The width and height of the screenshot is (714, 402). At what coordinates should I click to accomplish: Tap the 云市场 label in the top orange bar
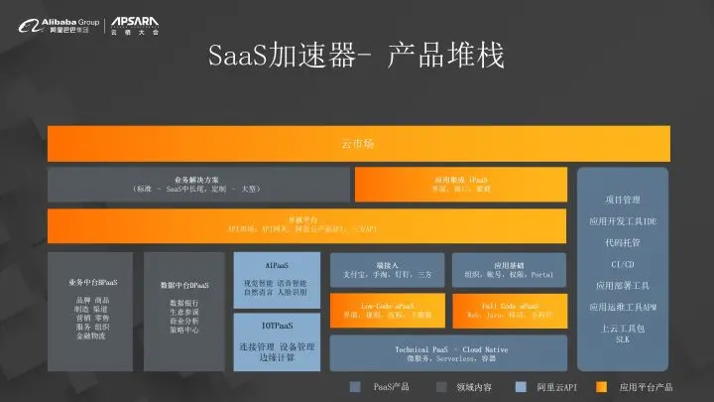point(358,145)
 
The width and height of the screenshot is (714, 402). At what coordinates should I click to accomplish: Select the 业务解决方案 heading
point(198,179)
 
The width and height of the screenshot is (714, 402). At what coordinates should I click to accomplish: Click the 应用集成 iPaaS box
point(459,185)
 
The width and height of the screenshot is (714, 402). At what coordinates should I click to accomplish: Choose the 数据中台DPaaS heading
point(183,285)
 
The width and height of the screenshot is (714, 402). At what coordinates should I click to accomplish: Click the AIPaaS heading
point(277,266)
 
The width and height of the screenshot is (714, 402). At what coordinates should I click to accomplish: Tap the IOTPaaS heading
point(277,325)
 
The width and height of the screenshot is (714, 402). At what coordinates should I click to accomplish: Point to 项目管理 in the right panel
point(622,200)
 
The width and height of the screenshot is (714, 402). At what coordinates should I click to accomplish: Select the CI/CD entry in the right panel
point(622,264)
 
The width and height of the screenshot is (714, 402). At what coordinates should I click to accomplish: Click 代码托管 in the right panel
point(622,242)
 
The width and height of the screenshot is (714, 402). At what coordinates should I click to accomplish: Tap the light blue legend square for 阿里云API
point(517,386)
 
